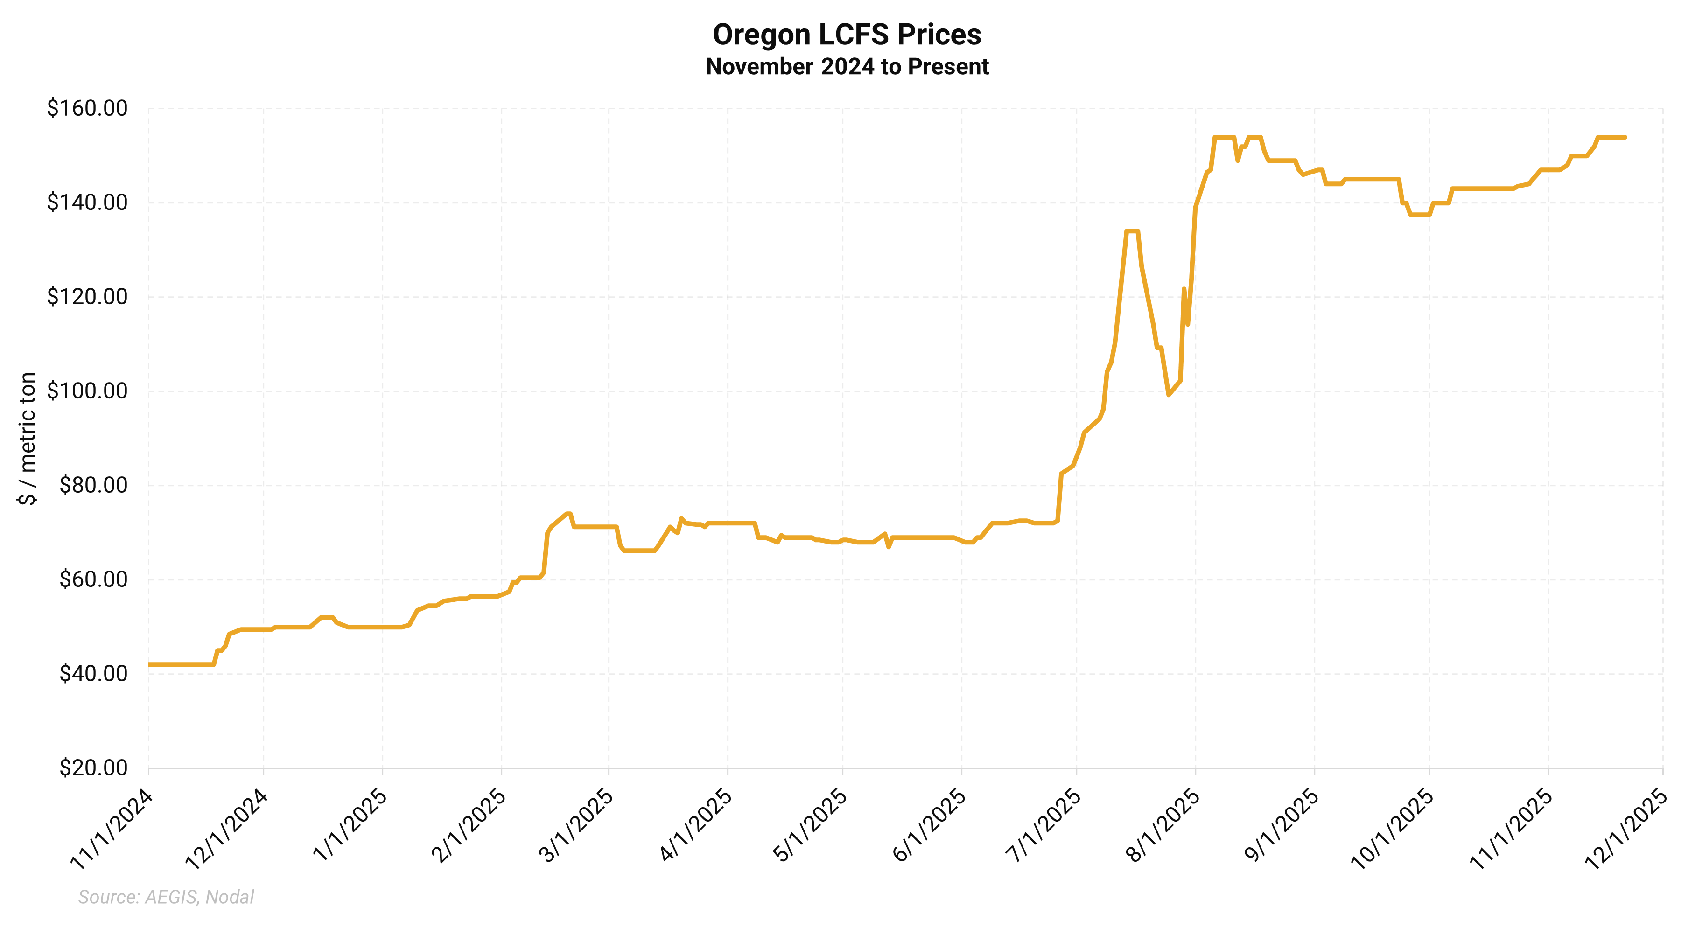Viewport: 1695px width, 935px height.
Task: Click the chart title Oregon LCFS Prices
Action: [x=847, y=35]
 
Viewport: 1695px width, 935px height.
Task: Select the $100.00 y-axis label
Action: [x=87, y=391]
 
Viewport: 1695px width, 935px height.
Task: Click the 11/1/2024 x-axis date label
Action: [x=112, y=830]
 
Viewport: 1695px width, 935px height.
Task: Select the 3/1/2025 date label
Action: [x=576, y=826]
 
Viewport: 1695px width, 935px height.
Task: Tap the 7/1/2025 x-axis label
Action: [x=1044, y=826]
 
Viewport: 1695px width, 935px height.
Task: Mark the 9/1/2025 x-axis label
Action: [x=1282, y=826]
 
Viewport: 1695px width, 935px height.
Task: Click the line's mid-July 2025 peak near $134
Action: [x=1132, y=231]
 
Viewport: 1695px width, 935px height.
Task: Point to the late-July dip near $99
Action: [x=1169, y=395]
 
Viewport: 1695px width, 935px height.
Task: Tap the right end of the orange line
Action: [x=1625, y=137]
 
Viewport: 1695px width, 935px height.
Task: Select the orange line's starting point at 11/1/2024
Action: [x=149, y=664]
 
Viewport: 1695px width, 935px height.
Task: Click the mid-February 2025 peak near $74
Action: [x=568, y=514]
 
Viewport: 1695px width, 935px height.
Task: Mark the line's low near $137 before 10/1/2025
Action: [x=1419, y=215]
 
